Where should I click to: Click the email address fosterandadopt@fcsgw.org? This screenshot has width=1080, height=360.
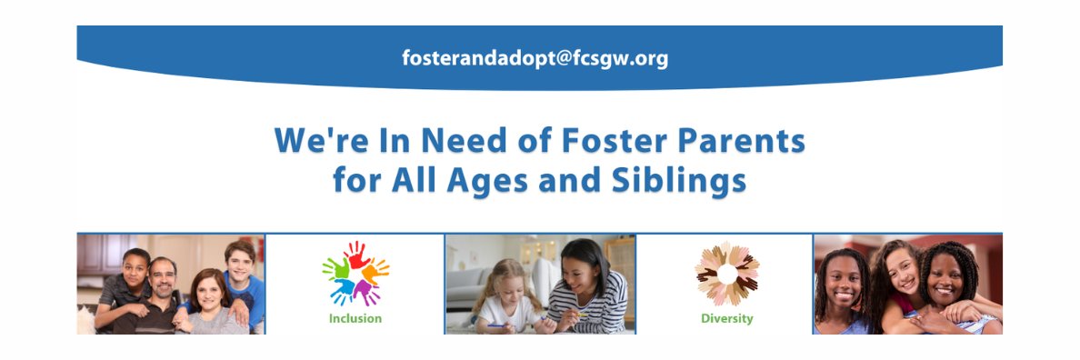click(535, 58)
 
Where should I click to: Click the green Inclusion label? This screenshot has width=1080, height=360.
click(355, 319)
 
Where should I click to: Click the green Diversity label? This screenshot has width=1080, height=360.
click(726, 319)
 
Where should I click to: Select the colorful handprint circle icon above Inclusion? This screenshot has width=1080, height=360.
click(355, 274)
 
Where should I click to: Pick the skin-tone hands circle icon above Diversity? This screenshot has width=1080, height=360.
click(727, 274)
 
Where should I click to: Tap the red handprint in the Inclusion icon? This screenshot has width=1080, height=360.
click(355, 253)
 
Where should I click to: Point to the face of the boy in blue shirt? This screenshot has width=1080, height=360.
click(240, 260)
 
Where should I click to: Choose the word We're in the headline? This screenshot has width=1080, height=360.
click(318, 142)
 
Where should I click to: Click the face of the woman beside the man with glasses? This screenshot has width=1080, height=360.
click(210, 292)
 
